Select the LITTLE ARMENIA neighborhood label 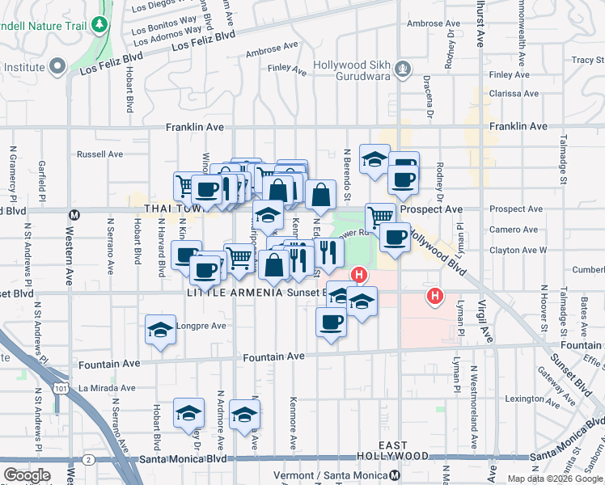235,293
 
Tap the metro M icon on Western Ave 74,215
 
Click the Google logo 27,475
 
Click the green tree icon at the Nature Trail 100,24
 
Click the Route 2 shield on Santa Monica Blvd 88,459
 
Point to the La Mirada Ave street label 106,387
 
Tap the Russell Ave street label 99,154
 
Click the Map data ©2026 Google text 555,479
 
